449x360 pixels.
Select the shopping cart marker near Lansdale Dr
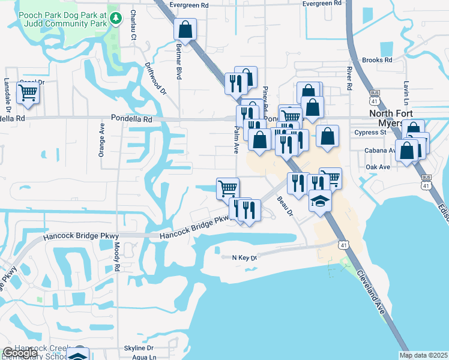[28, 94]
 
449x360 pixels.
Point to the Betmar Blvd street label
[178, 61]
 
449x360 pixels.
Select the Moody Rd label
[118, 259]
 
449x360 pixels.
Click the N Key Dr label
[244, 258]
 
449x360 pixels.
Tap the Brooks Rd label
[377, 61]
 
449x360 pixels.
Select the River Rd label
[349, 79]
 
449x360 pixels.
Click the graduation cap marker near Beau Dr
[321, 201]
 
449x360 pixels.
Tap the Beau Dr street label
[285, 205]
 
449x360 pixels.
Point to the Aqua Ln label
[144, 357]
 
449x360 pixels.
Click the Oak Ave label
[378, 167]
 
